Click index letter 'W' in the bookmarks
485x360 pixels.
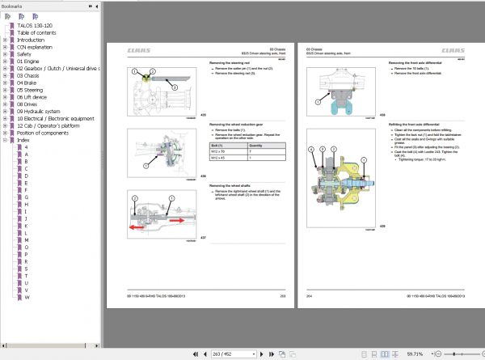pyautogui.click(x=26, y=298)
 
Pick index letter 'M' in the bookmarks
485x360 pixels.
pyautogui.click(x=27, y=239)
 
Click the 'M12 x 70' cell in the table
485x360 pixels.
pyautogui.click(x=219, y=151)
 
